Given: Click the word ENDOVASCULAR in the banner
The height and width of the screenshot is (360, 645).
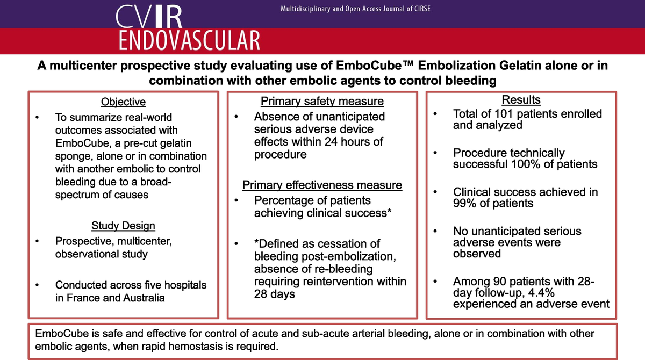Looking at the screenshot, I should tap(189, 41).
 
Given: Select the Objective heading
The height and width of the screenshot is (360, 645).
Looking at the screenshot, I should tap(123, 102).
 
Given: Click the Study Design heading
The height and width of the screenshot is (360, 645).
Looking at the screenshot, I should tap(123, 226).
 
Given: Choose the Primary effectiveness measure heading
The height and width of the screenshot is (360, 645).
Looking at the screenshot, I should tap(322, 185).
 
